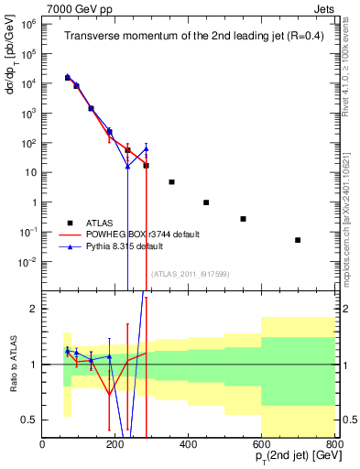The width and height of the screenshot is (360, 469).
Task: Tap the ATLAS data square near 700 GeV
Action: coord(298,240)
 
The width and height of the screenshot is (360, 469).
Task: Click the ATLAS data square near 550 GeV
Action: coord(244,219)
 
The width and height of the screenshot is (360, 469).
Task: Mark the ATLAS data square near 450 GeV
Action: coord(207,202)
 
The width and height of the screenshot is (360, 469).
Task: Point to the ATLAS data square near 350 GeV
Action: coord(171,182)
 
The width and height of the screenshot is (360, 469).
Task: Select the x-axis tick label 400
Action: coord(189,445)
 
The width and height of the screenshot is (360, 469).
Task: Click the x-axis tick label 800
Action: coord(333,445)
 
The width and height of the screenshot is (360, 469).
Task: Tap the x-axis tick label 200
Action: coord(115,445)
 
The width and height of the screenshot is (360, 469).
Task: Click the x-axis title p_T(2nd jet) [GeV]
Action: coord(286,459)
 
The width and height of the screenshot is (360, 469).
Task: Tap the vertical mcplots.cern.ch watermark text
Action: coord(352,202)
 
